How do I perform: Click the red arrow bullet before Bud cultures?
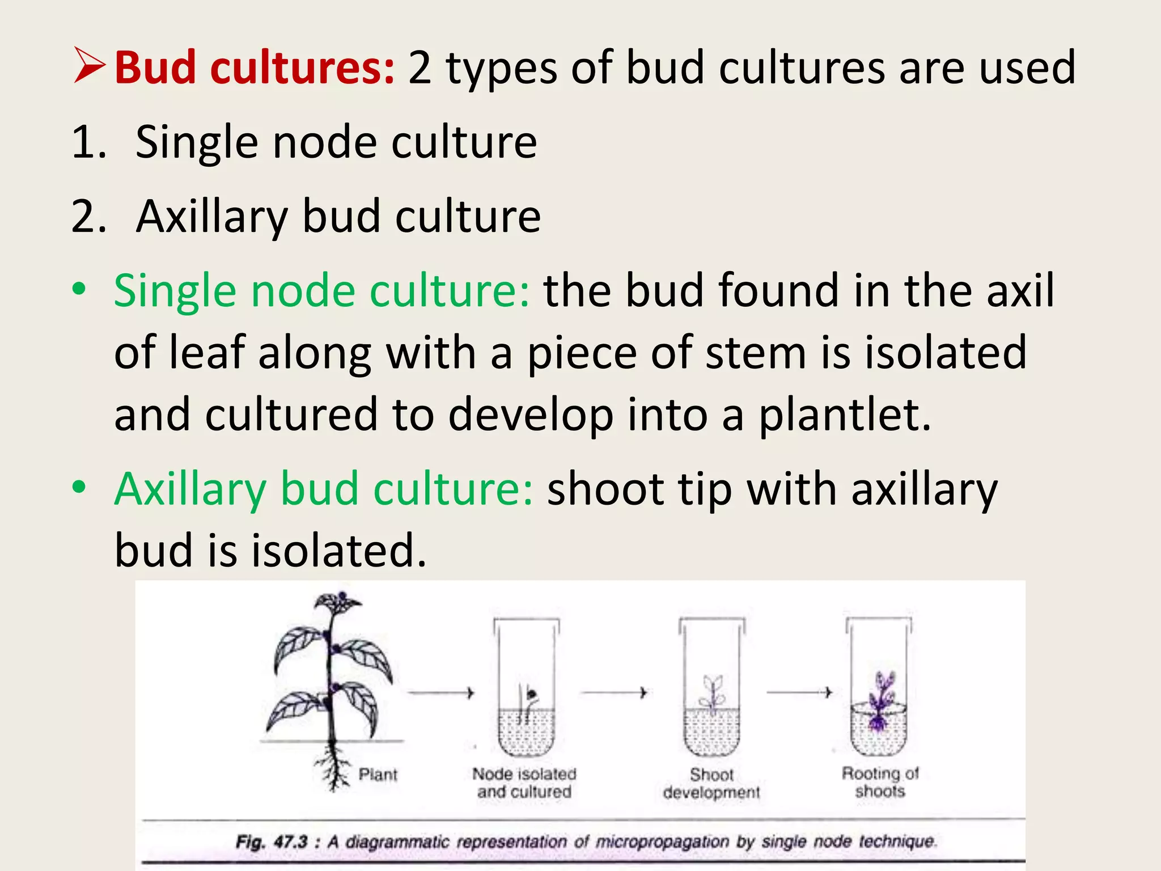[x=89, y=66]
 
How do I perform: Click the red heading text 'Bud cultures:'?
[x=254, y=68]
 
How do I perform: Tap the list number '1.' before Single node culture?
[x=89, y=142]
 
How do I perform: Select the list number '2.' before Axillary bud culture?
[x=89, y=217]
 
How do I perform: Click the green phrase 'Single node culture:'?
[x=322, y=290]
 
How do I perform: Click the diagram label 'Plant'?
[x=378, y=775]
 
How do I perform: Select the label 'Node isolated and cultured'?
[x=524, y=783]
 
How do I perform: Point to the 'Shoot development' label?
[x=711, y=783]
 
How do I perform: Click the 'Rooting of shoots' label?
[x=880, y=782]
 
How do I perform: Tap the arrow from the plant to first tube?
[x=440, y=693]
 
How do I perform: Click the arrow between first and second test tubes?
[x=614, y=693]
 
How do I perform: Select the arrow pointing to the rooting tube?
[x=799, y=692]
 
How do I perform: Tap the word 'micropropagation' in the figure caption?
[x=662, y=842]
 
